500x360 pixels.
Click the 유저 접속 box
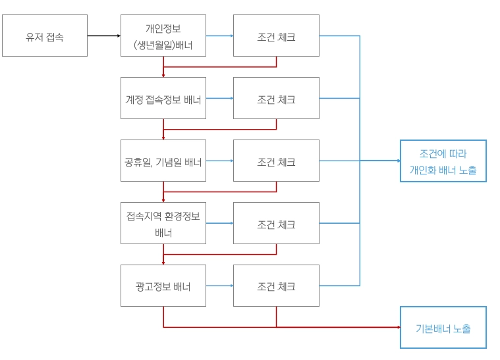[x=45, y=36]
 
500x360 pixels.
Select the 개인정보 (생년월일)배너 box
[x=163, y=36]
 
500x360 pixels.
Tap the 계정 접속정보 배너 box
[x=163, y=98]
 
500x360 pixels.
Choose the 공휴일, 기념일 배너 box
[x=163, y=161]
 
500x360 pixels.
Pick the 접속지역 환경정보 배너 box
[x=163, y=223]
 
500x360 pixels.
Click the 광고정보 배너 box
[x=163, y=286]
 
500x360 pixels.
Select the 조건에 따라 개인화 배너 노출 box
[x=443, y=161]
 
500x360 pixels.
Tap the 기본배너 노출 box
[x=443, y=327]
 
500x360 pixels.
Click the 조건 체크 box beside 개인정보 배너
[x=276, y=36]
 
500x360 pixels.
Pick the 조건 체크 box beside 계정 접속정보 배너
[x=276, y=98]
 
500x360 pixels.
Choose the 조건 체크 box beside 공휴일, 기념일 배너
[x=276, y=161]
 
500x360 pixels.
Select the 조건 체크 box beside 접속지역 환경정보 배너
[x=276, y=223]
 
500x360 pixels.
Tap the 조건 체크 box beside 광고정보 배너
[x=276, y=286]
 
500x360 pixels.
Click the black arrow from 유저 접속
[x=104, y=36]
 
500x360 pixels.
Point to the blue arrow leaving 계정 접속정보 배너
[x=220, y=98]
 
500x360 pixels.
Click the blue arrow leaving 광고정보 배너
[x=220, y=286]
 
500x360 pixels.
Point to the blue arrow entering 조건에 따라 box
[x=382, y=161]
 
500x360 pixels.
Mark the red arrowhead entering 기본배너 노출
[x=397, y=327]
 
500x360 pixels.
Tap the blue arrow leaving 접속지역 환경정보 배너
[x=220, y=223]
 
